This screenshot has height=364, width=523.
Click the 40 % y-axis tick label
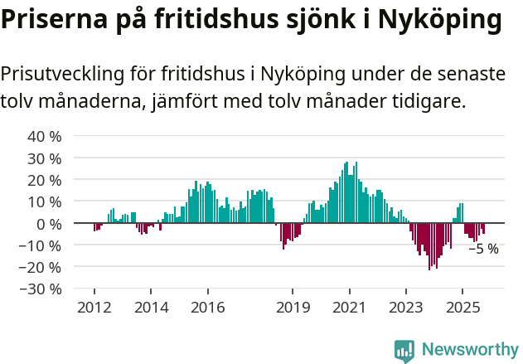pyautogui.click(x=44, y=136)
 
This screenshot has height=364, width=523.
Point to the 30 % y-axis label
pyautogui.click(x=44, y=158)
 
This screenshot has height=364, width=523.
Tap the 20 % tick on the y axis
pyautogui.click(x=44, y=180)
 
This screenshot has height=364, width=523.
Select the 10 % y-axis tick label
pyautogui.click(x=44, y=201)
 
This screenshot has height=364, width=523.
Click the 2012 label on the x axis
pyautogui.click(x=94, y=307)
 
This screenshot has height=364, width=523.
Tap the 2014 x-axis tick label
pyautogui.click(x=150, y=307)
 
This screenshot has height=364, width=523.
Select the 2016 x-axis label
pyautogui.click(x=207, y=307)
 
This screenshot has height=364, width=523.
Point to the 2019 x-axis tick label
pyautogui.click(x=292, y=307)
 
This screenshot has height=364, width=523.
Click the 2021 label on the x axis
pyautogui.click(x=349, y=307)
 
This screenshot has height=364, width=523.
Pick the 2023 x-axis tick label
pyautogui.click(x=405, y=307)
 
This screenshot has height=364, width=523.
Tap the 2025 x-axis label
pyautogui.click(x=462, y=307)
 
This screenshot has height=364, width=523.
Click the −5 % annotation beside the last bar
pyautogui.click(x=484, y=248)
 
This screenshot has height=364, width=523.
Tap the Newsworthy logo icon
pyautogui.click(x=404, y=350)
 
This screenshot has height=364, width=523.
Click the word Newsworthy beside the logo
pyautogui.click(x=469, y=350)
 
